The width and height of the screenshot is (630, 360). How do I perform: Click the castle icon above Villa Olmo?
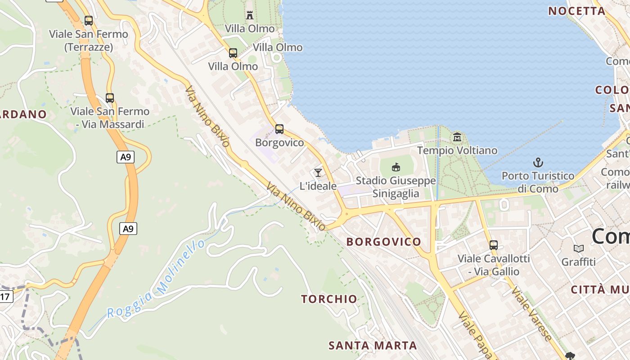coord(250,15)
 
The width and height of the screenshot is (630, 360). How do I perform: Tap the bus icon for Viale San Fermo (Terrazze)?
coord(89,20)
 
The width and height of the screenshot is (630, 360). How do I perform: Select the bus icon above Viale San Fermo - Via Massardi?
coord(110,98)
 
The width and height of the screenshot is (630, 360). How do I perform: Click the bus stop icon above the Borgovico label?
coord(279,129)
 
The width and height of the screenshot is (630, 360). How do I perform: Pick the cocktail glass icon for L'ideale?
coord(318,172)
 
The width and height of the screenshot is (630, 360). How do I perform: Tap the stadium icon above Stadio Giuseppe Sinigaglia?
coord(396,167)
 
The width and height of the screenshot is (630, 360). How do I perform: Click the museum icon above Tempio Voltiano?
coord(457,137)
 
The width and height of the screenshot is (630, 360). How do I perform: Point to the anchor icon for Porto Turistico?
coord(538,162)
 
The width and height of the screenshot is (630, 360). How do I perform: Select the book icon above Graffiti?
coord(579,248)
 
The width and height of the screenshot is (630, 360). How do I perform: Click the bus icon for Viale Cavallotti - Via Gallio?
coord(494,245)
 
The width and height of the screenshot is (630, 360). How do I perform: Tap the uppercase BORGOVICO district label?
coord(383,242)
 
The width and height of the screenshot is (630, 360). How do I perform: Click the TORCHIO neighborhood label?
coord(329,299)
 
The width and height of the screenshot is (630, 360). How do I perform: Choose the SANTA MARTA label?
coord(373,346)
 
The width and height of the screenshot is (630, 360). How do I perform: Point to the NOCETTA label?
coord(576,11)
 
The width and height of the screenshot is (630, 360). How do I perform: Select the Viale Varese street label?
coord(531,314)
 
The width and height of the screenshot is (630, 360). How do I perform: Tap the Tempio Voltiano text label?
coord(457,150)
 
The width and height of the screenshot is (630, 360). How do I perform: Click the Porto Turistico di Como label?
coord(538,182)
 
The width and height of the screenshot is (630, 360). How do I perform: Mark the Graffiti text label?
coord(579,262)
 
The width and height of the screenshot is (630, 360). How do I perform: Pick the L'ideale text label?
coord(318,186)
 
